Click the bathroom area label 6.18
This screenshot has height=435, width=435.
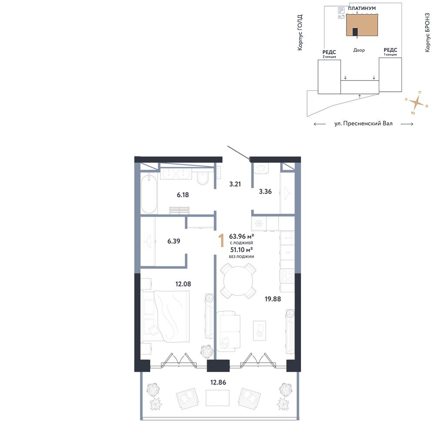(183, 195)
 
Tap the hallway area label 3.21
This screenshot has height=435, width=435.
(235, 184)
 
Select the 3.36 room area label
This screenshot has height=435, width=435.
(265, 191)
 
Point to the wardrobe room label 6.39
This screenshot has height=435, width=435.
(174, 241)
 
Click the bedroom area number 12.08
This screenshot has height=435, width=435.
(183, 284)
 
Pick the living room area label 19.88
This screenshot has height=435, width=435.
(273, 299)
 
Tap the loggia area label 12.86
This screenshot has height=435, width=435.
(218, 382)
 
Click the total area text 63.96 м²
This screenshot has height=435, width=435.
(241, 236)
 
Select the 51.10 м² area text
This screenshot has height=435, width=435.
(241, 250)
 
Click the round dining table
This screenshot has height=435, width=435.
(238, 281)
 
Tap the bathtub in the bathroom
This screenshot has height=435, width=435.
(149, 194)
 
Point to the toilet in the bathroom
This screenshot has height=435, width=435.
(203, 178)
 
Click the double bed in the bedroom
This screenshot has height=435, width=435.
(165, 316)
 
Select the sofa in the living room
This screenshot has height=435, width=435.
(228, 330)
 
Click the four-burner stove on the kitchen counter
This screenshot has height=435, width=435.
(287, 276)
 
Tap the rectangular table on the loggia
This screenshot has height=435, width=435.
(217, 398)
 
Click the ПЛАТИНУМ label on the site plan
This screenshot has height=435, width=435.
(362, 8)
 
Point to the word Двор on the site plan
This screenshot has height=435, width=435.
(359, 50)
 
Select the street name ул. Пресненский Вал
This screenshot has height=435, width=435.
(363, 124)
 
